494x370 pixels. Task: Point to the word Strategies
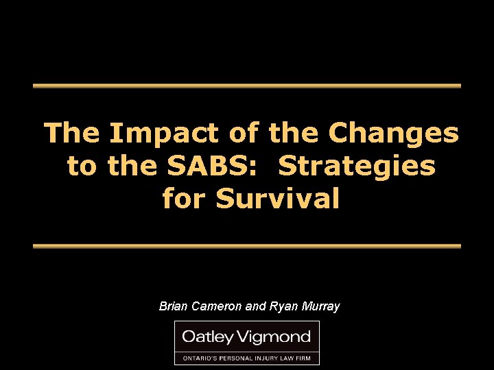(x=358, y=166)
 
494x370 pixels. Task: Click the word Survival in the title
(x=277, y=199)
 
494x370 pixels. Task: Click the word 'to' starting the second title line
(x=82, y=166)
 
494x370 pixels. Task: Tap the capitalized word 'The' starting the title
(x=71, y=133)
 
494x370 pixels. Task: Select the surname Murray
(x=319, y=306)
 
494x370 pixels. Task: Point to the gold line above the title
(x=247, y=86)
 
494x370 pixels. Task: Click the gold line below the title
(x=247, y=245)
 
